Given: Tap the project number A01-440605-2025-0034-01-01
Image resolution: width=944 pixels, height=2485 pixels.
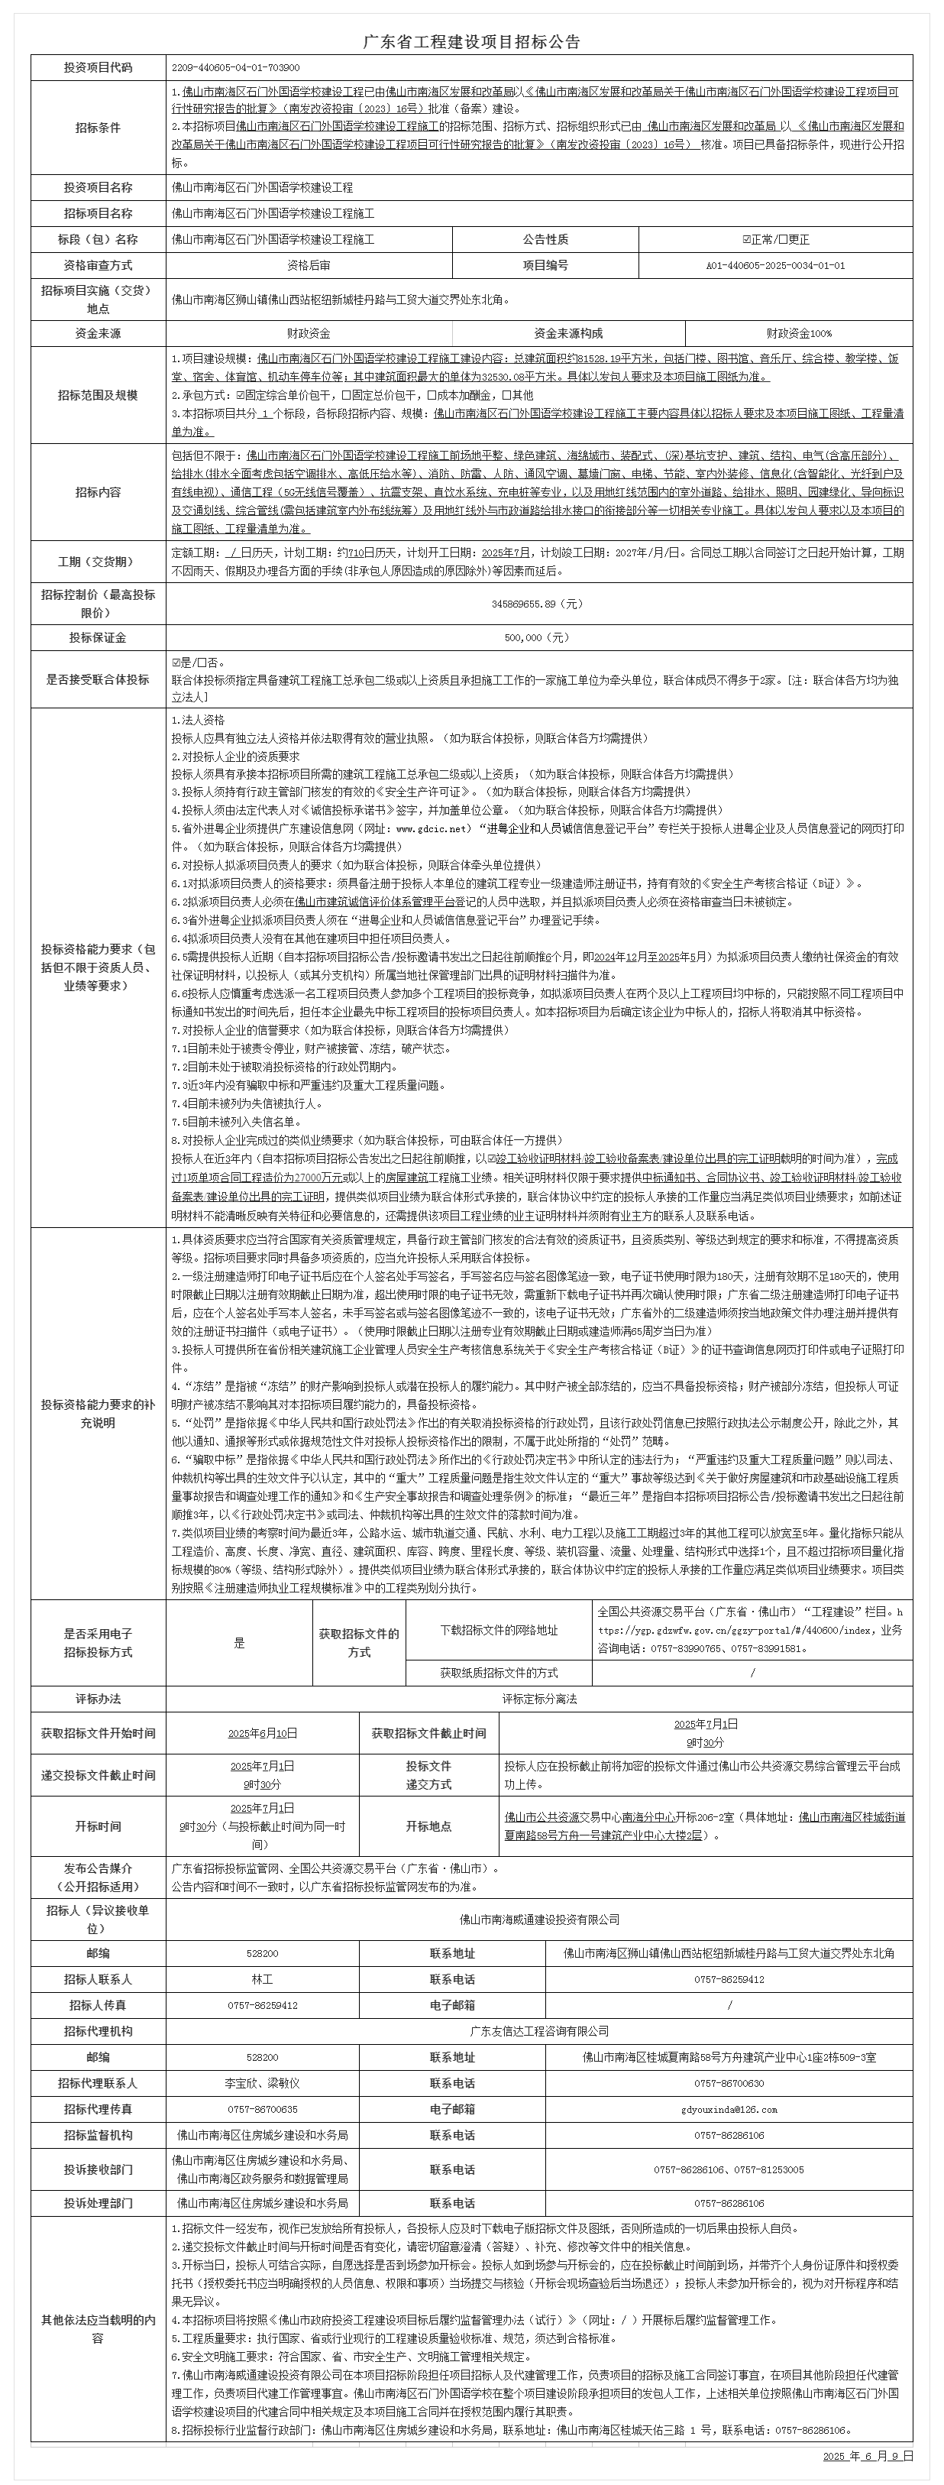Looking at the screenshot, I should point(775,265).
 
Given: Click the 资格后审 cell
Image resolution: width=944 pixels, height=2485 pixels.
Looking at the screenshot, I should point(309,265).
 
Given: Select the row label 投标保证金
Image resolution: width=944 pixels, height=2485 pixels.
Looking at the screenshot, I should point(98,637).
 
